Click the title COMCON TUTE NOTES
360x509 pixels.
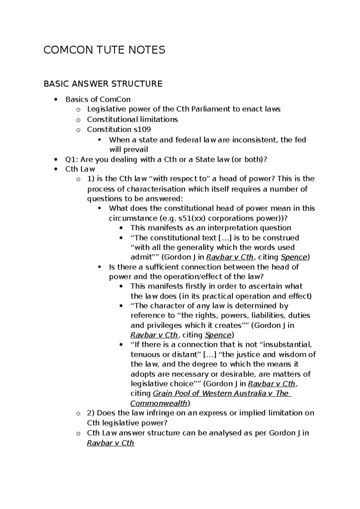(x=104, y=50)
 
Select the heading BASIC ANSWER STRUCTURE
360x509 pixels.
(x=103, y=84)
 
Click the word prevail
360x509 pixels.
(x=136, y=149)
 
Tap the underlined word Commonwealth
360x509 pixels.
(x=159, y=403)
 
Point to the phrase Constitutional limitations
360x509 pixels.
(x=132, y=119)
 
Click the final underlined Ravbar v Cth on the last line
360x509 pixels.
(x=110, y=443)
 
